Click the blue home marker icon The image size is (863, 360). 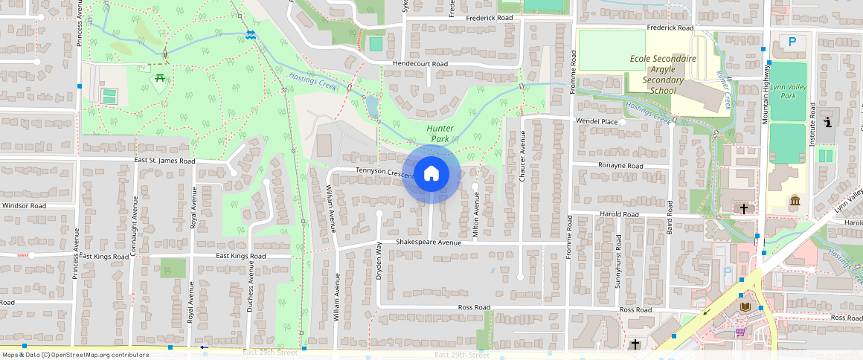[x=431, y=175]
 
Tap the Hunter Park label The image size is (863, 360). [x=440, y=133]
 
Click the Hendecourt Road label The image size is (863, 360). [x=420, y=65]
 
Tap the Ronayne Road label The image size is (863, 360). [x=620, y=166]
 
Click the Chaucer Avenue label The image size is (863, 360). [x=523, y=156]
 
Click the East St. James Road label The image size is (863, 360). [x=164, y=161]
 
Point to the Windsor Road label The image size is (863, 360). [x=24, y=206]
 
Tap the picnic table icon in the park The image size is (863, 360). [x=158, y=80]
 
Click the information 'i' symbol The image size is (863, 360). [x=828, y=120]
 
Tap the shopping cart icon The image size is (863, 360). [x=740, y=332]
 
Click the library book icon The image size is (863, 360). [x=745, y=306]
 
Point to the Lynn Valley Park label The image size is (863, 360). [x=788, y=91]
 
